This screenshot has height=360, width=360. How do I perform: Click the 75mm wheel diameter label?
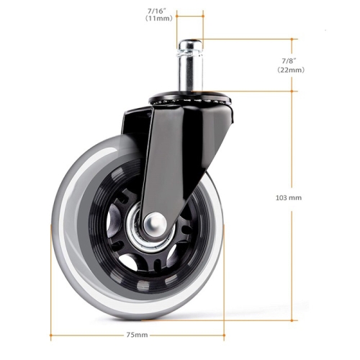137,335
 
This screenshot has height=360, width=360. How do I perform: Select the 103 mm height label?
289,198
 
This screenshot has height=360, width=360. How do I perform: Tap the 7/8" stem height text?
289,60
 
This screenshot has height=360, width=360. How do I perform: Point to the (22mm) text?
291,70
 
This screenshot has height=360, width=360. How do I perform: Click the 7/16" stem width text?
159,11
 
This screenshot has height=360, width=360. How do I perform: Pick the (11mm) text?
159,19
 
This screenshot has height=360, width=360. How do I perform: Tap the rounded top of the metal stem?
190,44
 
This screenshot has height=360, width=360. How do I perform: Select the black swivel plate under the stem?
190,99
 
